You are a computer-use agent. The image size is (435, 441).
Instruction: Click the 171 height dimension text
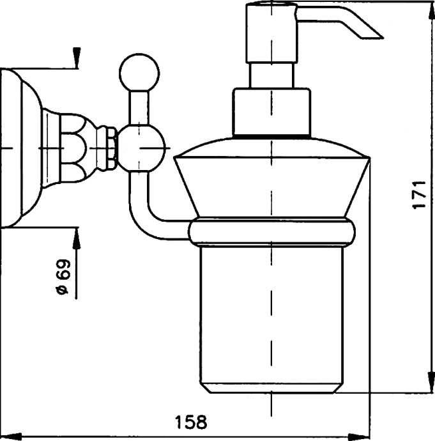coord(418,195)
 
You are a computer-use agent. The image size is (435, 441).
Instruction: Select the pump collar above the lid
coord(271,112)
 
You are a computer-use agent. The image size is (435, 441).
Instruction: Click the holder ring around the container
coord(273,231)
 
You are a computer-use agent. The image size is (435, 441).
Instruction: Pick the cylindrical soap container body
coord(273,313)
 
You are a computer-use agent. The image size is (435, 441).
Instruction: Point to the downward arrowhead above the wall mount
coord(75,60)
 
